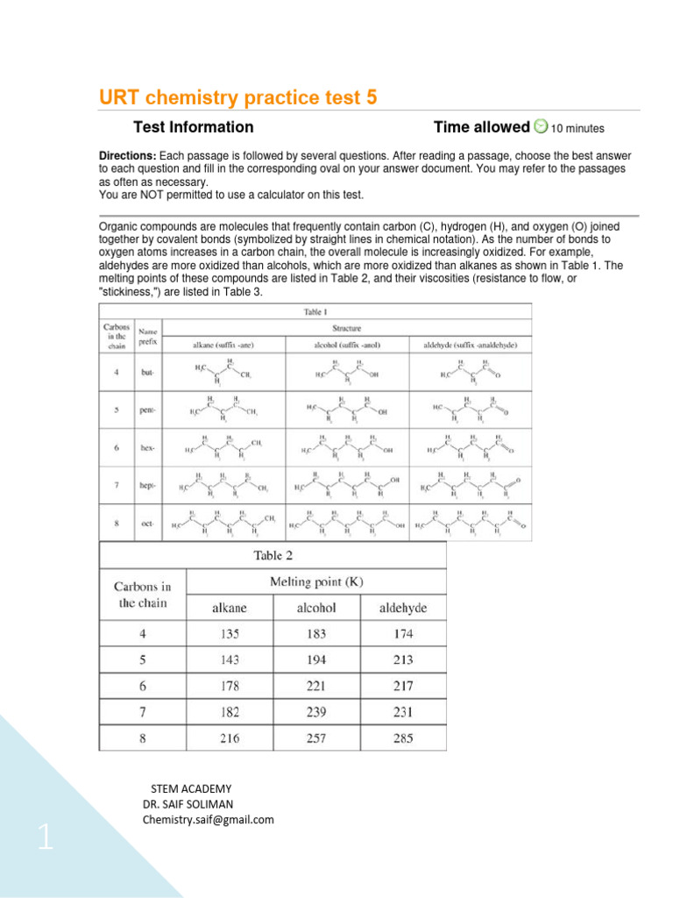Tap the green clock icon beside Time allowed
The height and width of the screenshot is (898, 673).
(541, 127)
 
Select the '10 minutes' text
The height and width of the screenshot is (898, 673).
(577, 129)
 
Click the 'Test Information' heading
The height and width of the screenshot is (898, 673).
(193, 127)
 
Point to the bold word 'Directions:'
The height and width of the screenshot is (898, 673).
(128, 155)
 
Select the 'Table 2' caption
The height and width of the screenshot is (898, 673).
(273, 555)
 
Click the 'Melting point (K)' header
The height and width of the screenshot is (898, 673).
(316, 581)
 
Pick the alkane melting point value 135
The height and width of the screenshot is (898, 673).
(230, 633)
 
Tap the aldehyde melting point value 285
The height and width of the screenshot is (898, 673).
(402, 738)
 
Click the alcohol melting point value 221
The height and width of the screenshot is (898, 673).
(316, 686)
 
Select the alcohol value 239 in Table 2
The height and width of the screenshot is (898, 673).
(316, 712)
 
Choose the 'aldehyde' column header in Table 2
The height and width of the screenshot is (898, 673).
(402, 607)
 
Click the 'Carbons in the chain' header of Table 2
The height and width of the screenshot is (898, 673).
(143, 595)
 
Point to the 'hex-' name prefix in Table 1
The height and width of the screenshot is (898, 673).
(147, 448)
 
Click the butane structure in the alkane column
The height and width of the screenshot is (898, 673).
(223, 373)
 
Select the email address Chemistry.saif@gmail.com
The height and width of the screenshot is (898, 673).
(208, 820)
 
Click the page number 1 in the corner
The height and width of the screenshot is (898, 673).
(45, 840)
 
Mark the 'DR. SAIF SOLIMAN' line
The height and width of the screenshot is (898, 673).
(188, 804)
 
